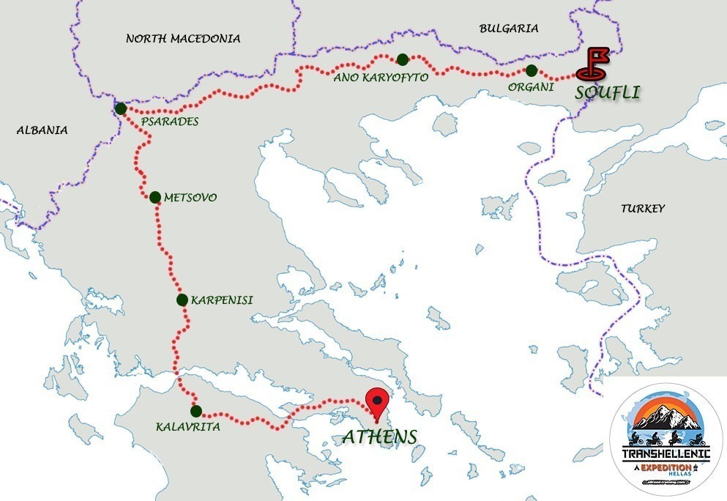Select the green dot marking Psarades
(121, 108)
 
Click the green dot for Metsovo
(154, 197)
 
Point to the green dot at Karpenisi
(182, 299)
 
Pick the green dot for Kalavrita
(195, 410)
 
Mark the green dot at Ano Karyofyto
(402, 59)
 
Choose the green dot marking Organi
(532, 70)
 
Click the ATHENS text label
(379, 437)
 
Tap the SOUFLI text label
(607, 92)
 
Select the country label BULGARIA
(508, 29)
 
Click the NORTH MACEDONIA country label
(183, 38)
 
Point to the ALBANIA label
(42, 130)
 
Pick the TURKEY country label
(643, 209)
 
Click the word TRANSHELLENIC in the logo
(666, 454)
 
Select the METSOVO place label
(190, 198)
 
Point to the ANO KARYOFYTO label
(380, 76)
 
